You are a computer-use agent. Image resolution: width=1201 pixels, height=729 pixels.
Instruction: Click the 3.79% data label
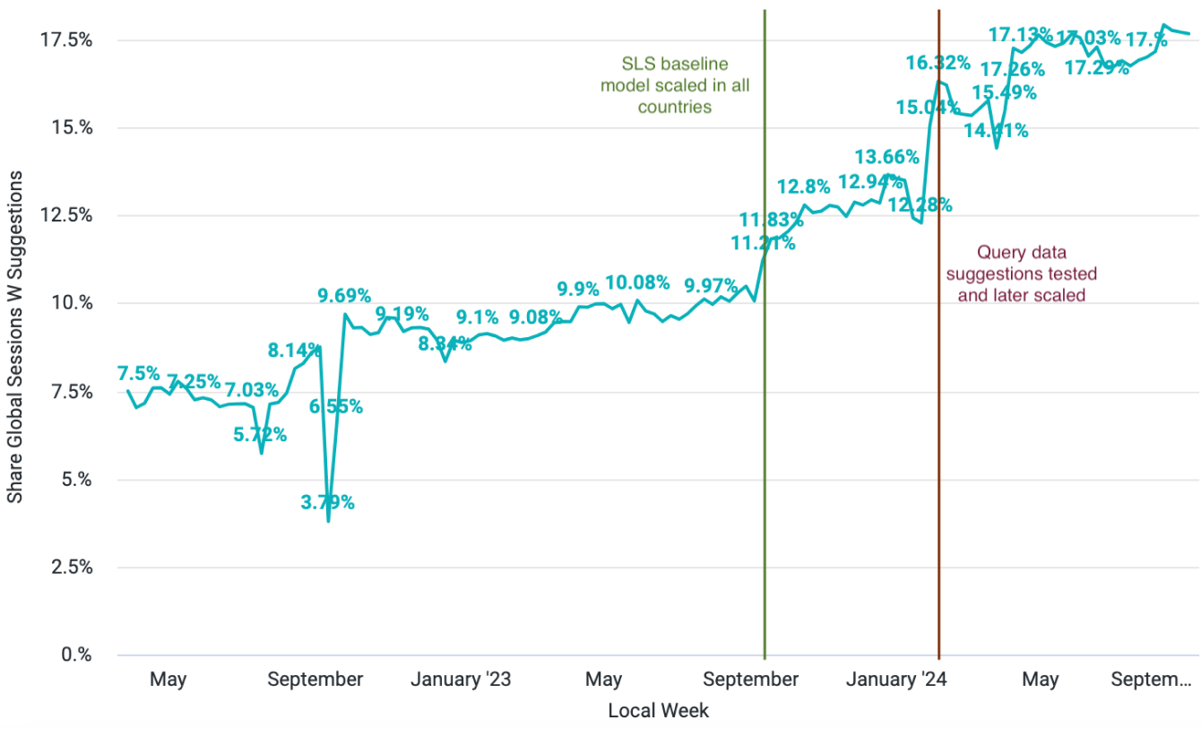click(x=327, y=503)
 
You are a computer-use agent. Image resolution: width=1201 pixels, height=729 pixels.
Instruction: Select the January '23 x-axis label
click(x=461, y=680)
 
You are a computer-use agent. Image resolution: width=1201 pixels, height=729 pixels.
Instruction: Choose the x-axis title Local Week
click(x=658, y=711)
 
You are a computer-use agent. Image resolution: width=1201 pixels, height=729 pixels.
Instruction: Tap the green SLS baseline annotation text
click(x=675, y=85)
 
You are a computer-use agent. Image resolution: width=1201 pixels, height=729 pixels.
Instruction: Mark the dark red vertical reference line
click(x=938, y=448)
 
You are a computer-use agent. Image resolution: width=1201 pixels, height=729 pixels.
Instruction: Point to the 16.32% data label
click(x=937, y=63)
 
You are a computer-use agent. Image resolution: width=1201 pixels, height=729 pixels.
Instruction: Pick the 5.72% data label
click(x=260, y=435)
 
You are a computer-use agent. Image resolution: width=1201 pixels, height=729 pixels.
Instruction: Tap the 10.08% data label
click(x=637, y=283)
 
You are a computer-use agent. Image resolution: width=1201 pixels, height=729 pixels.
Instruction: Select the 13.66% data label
click(x=886, y=157)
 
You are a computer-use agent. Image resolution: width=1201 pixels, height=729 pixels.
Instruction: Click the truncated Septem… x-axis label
click(x=1151, y=680)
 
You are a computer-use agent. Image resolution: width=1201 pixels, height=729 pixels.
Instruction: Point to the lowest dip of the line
click(x=328, y=520)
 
